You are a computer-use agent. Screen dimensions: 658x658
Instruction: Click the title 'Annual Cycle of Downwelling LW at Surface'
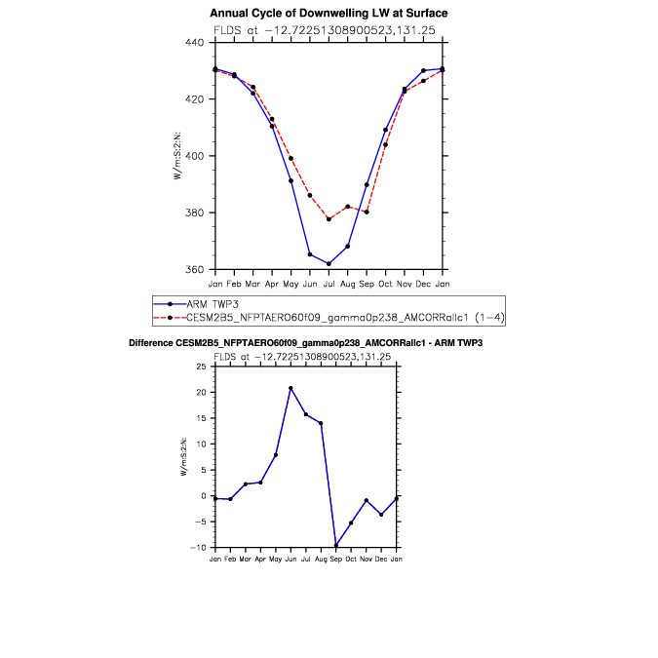[329, 14]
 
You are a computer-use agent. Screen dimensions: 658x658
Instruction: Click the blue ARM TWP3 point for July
[329, 263]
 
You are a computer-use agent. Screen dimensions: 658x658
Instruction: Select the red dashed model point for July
[329, 219]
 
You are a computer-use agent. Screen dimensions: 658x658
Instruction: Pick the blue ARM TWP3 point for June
[310, 254]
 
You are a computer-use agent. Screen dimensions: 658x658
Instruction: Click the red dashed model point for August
[348, 207]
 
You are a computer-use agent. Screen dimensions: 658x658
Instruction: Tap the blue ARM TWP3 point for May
[290, 180]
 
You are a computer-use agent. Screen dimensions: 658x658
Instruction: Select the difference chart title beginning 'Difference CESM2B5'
[306, 344]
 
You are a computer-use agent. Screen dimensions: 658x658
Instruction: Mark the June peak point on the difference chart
[290, 388]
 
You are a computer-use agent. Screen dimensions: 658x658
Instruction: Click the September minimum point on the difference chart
[336, 546]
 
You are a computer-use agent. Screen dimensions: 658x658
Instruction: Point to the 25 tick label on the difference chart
[201, 367]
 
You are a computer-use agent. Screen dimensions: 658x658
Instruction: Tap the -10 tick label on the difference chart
[199, 548]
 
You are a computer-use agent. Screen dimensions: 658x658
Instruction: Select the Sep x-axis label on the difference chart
[336, 561]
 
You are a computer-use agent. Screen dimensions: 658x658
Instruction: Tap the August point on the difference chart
[321, 423]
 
